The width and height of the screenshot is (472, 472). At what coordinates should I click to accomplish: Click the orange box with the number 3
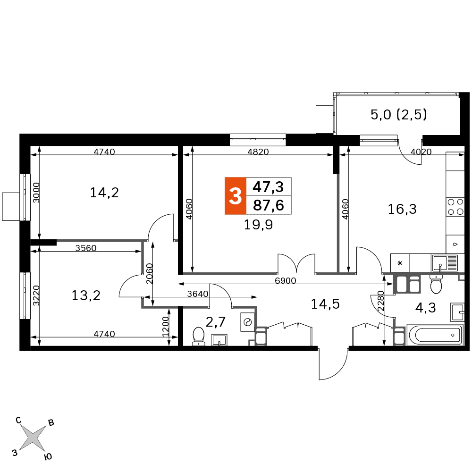236,196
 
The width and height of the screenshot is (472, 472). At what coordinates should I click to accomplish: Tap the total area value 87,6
269,205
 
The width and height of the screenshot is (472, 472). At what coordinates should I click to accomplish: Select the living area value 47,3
268,187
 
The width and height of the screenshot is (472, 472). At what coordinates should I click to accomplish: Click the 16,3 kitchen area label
402,209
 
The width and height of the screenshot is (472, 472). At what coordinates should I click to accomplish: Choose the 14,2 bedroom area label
104,193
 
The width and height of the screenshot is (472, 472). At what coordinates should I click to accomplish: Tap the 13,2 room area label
86,295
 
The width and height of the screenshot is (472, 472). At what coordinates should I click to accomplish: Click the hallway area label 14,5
325,304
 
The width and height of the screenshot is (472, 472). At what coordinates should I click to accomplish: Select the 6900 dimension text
286,280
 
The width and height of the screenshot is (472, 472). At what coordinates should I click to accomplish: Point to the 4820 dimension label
258,152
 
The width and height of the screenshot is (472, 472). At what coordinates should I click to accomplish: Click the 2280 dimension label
381,301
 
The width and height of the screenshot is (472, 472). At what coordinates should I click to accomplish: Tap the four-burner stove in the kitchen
455,207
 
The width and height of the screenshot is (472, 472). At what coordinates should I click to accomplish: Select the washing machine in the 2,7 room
248,322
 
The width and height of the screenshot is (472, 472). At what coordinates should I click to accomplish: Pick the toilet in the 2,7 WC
198,336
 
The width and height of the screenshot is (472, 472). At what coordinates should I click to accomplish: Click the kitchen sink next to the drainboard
440,263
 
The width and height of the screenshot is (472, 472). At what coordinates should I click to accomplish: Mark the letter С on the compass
18,420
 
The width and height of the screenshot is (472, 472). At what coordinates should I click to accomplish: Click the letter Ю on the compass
48,457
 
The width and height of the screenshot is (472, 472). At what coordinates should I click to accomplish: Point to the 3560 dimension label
86,248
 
